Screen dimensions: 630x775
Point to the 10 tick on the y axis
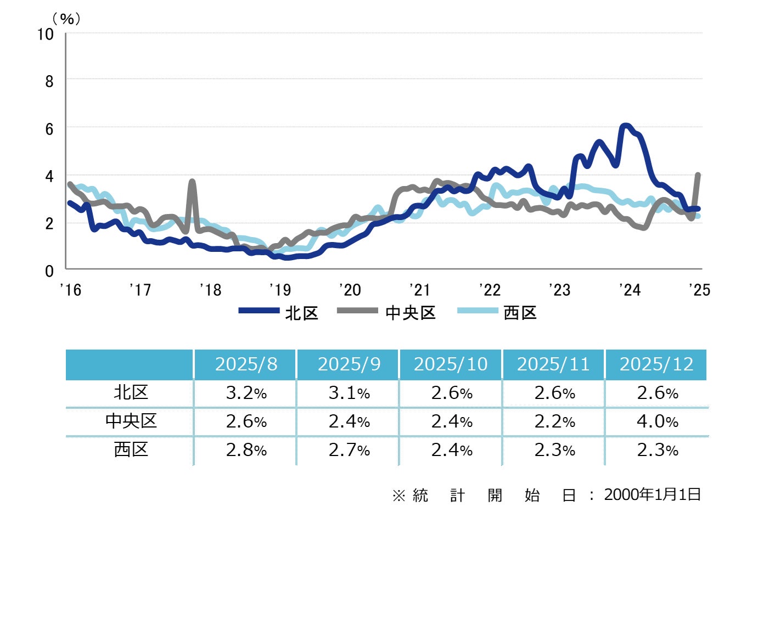coord(46,35)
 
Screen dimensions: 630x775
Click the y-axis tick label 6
coord(49,129)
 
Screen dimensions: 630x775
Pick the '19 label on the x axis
coord(280,290)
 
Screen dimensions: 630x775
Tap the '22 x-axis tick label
coord(490,290)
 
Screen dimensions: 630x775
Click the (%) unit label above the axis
coord(66,19)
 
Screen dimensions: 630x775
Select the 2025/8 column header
coord(246,364)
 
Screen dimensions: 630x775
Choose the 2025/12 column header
coord(656,364)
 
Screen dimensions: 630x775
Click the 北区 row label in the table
coord(131,393)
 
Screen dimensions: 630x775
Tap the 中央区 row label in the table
coord(131,421)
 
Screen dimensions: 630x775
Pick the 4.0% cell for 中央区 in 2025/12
coord(657,421)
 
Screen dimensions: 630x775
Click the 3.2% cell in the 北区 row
coord(246,393)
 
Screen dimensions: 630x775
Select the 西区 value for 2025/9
coord(349,450)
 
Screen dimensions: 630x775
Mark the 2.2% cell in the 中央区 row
coord(554,421)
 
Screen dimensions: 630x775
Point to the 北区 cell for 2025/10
coord(452,393)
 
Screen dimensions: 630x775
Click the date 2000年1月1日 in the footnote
coord(652,494)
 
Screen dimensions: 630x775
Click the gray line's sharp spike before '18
coord(192,181)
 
